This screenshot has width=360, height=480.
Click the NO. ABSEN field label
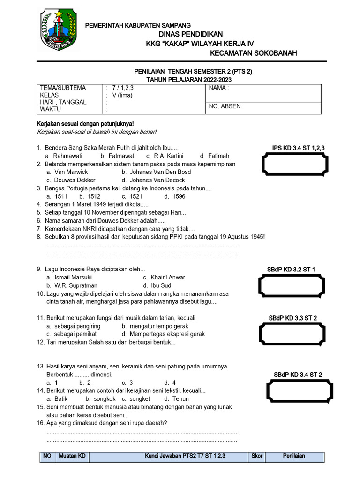226,106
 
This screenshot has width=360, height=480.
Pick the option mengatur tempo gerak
155,326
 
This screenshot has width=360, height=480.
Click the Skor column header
257,456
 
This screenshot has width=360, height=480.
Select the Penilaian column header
294,456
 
